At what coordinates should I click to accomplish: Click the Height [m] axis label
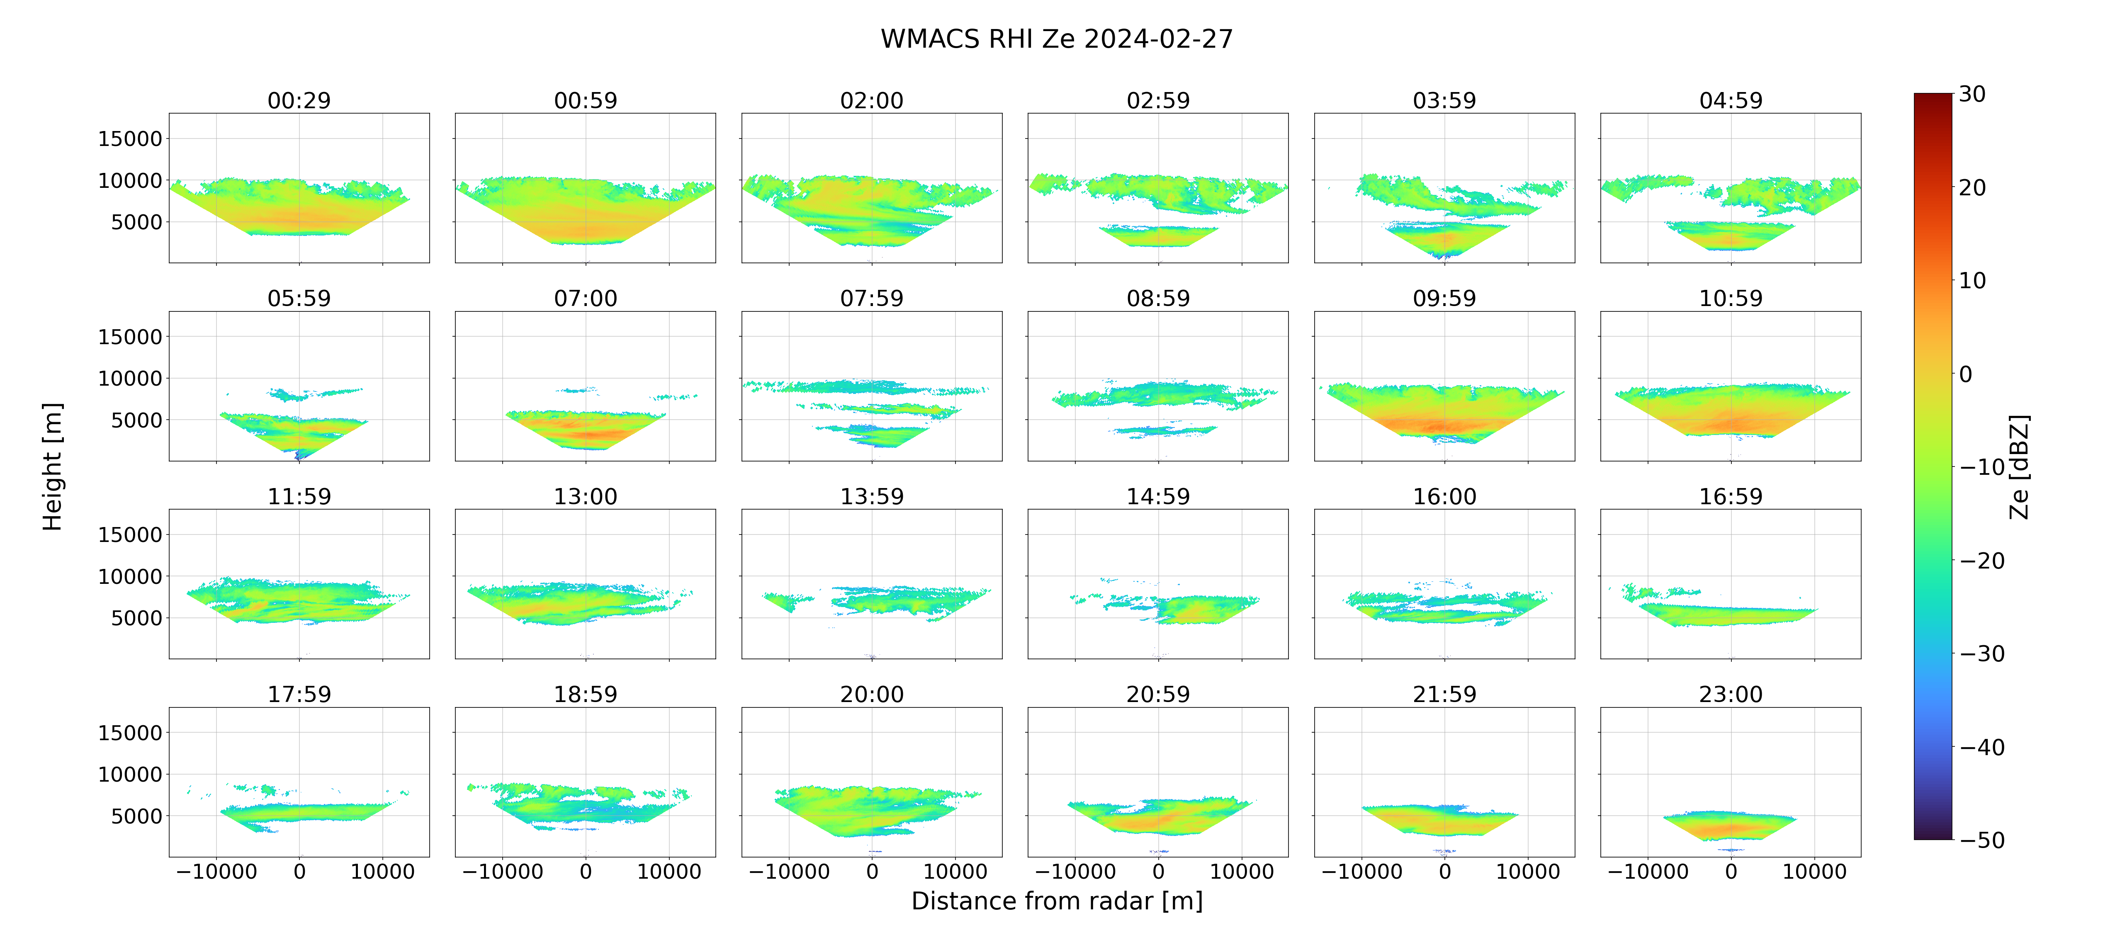(53, 466)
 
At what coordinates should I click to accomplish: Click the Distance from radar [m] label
(1057, 901)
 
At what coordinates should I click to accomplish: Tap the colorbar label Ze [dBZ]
(2019, 466)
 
